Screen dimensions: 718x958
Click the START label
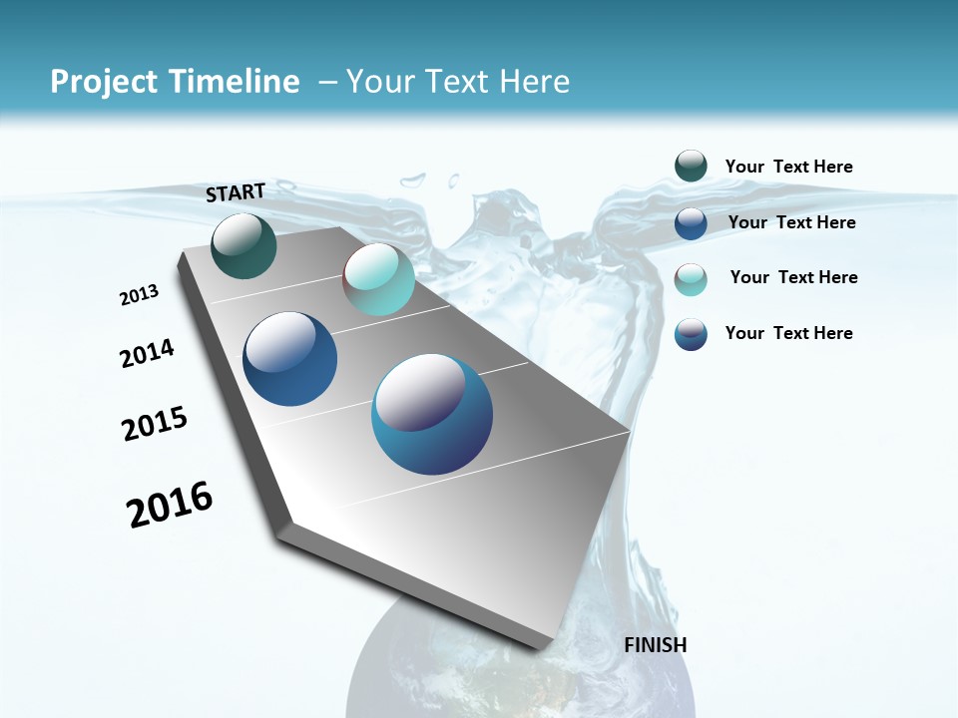pos(236,192)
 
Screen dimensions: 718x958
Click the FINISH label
pos(655,644)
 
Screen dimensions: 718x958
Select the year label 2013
pos(139,295)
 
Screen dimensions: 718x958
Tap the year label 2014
pos(147,353)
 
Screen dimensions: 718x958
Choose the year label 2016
pos(170,505)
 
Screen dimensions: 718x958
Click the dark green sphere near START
pos(243,245)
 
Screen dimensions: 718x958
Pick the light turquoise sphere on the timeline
pos(378,279)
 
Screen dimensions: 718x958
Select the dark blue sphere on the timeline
pos(290,359)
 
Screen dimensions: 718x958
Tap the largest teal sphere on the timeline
pos(432,414)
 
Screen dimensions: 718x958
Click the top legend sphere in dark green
pos(691,166)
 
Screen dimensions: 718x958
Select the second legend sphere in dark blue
pos(691,222)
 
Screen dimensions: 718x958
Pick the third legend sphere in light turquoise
pos(691,278)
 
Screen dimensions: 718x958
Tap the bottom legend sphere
pos(691,334)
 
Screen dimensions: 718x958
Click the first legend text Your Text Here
pos(788,167)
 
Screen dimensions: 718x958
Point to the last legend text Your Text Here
pos(788,333)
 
